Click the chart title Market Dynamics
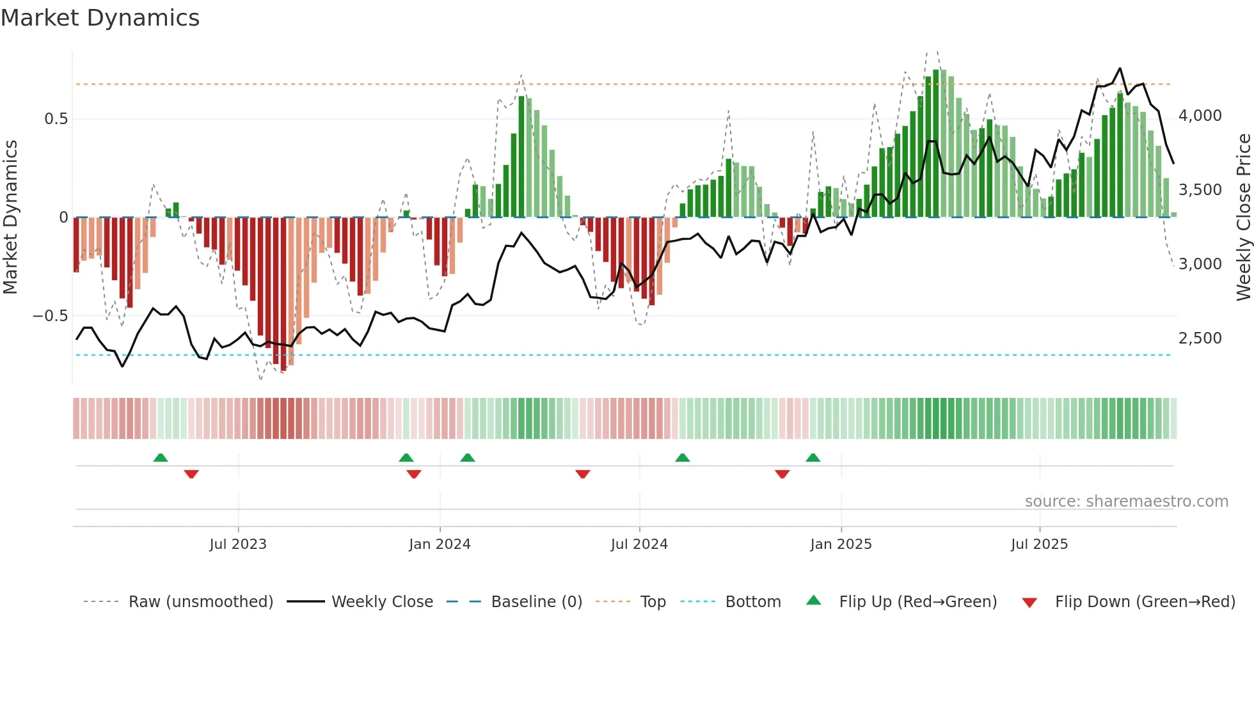tap(100, 18)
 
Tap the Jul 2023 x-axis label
tap(238, 544)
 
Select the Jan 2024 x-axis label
tap(440, 544)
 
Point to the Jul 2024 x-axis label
tap(639, 544)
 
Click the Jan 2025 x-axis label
tap(841, 544)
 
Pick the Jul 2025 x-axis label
tap(1039, 544)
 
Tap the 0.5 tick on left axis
tap(56, 119)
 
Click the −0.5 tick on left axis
tap(51, 316)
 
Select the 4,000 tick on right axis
tap(1200, 116)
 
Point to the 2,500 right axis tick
tap(1200, 338)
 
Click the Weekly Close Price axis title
tap(1243, 218)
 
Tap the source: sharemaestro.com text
tap(1126, 502)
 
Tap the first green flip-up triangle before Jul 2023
tap(161, 457)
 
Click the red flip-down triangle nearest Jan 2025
tap(782, 474)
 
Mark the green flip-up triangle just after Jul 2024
tap(683, 457)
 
